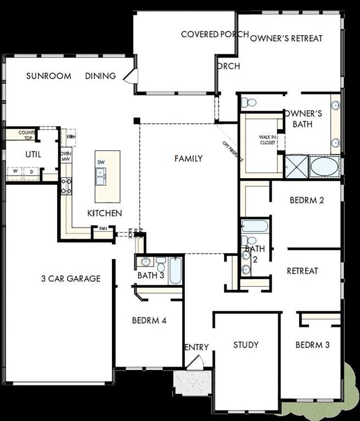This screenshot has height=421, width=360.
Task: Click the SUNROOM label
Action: coord(48,76)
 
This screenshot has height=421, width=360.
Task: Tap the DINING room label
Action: coord(100,76)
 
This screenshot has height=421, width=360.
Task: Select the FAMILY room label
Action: coord(188,159)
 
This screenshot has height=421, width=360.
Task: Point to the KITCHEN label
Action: coord(105,213)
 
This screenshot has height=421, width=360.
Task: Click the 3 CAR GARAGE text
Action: coord(71,278)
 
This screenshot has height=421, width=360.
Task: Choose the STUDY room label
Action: coord(246,345)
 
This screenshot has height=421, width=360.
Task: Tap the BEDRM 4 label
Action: coord(149,321)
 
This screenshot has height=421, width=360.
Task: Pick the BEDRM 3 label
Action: coord(312,345)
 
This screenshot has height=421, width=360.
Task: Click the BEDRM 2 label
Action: coord(307,200)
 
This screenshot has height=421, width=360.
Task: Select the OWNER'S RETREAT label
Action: coord(286,38)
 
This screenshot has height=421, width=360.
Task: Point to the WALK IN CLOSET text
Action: coord(268,140)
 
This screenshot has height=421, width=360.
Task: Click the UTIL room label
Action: coord(33,155)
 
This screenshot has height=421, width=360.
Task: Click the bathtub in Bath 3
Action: coord(175,270)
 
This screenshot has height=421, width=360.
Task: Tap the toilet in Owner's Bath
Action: coord(250,102)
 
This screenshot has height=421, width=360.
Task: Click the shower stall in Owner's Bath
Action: coord(296,166)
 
